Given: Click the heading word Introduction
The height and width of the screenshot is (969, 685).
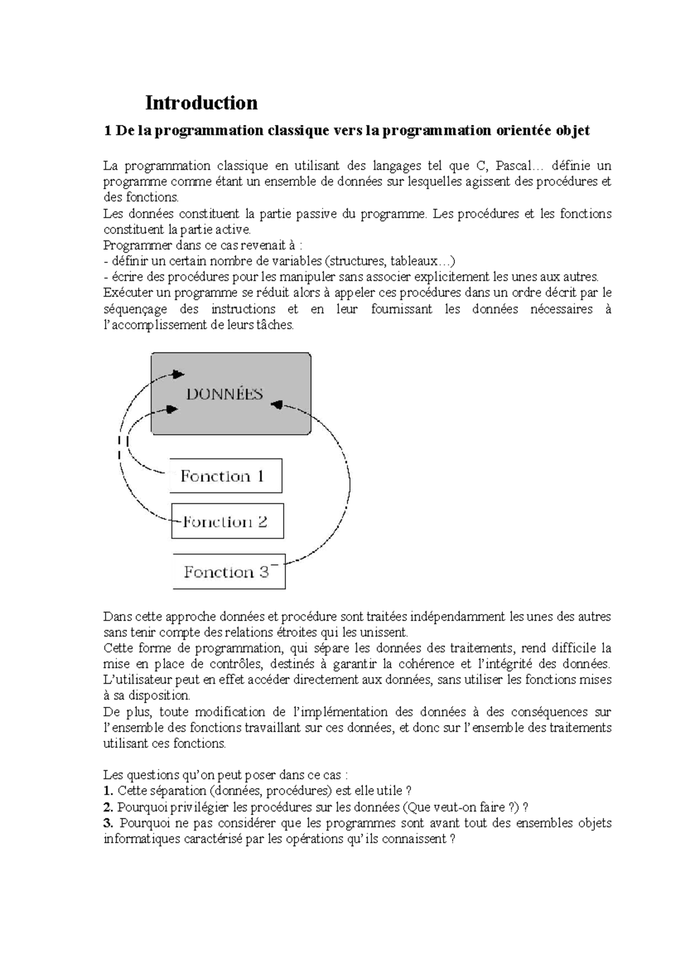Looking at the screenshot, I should (x=201, y=103).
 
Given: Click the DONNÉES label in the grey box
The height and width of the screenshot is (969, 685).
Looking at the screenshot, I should (x=224, y=394).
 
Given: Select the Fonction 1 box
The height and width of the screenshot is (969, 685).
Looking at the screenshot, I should (x=225, y=476).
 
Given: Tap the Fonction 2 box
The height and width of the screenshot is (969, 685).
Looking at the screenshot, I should (x=227, y=521).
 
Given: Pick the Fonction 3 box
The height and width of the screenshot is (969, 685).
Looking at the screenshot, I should (x=228, y=571).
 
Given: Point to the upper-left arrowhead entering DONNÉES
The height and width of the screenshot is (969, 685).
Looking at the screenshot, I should (x=179, y=374).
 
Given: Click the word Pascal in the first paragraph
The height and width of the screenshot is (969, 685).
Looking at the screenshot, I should (x=512, y=166).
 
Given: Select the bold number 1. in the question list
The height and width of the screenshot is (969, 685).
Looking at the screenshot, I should (x=108, y=791).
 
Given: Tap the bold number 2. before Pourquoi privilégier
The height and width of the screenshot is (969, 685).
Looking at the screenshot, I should (x=108, y=807).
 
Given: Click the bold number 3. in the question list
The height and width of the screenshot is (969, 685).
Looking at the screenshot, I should (x=108, y=823).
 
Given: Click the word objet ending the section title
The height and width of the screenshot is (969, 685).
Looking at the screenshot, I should (x=573, y=131).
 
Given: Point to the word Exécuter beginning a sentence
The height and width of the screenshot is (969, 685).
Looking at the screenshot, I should (x=128, y=293).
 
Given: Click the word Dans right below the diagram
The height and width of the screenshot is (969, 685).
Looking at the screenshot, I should (x=116, y=617).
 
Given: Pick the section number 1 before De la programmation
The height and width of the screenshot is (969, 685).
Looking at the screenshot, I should (x=107, y=131).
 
